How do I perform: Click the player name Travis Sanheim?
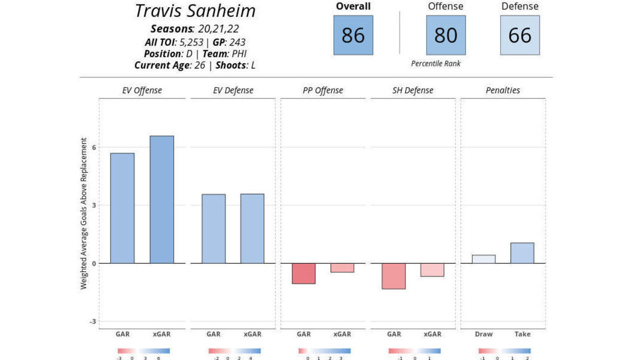coord(195,11)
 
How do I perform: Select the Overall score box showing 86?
coord(353,35)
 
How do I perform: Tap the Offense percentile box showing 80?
coord(445,35)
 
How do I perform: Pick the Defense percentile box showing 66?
coord(519,35)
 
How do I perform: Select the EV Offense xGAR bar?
coord(162,199)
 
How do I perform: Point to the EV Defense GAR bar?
coord(213,228)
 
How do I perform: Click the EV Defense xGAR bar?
coord(252,228)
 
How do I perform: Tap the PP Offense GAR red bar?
coord(303,273)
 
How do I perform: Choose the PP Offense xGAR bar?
coord(342,267)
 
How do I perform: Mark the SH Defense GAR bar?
coord(393,276)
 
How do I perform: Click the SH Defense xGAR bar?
coord(432,270)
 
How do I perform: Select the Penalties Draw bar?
coord(483,259)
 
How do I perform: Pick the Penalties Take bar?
coord(522,253)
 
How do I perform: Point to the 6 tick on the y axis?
coord(93,147)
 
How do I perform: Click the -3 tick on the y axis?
coord(92,321)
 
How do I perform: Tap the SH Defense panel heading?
coord(413,90)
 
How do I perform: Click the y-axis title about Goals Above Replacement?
coord(83,213)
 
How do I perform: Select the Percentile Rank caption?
coord(435,63)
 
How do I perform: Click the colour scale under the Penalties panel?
coord(504,351)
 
